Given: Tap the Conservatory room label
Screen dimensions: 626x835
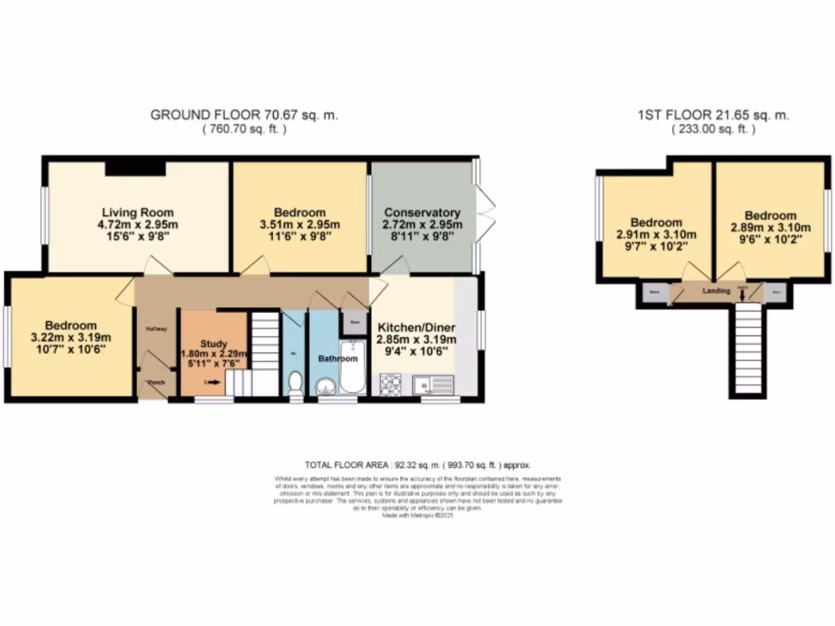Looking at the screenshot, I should click(x=422, y=212).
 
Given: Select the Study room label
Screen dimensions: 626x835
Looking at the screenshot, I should click(x=213, y=344).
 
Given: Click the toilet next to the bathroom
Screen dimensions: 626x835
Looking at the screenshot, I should click(x=295, y=383).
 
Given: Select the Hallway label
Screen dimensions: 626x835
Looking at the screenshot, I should click(x=157, y=329).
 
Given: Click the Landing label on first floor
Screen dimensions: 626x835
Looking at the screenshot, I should click(x=716, y=290).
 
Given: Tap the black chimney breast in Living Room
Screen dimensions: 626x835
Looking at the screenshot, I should click(x=135, y=168).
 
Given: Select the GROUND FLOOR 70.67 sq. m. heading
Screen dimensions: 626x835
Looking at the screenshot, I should click(x=244, y=115).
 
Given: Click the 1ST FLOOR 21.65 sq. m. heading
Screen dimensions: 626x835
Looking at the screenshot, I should click(x=714, y=115).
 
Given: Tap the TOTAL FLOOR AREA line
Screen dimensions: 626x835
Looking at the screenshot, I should click(x=417, y=464).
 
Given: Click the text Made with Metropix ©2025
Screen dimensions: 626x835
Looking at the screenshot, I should click(x=417, y=515).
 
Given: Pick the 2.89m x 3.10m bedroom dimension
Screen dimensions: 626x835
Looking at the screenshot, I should click(x=770, y=228).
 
